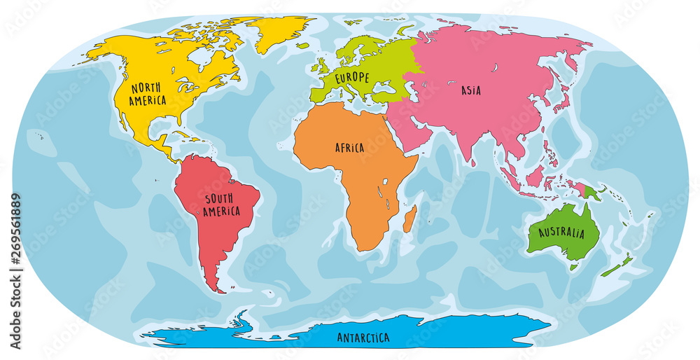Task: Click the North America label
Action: pos(147,94)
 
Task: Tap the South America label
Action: pos(222,204)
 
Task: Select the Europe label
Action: pos(351,77)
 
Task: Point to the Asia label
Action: pos(470,90)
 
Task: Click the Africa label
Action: pos(349,148)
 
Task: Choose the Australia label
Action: pos(561,233)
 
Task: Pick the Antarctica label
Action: pos(363,338)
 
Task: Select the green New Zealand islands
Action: pos(617,266)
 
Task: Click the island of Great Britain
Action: pos(321,67)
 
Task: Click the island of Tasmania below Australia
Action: pos(575,267)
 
